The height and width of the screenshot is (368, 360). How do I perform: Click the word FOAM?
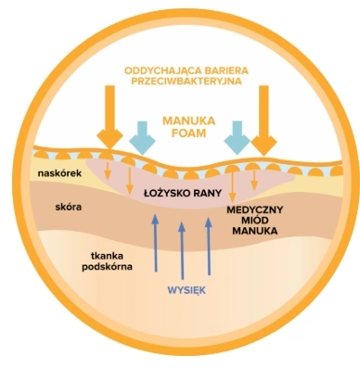188,133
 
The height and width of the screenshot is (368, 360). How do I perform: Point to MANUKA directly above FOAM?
188,121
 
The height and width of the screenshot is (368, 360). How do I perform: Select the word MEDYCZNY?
261,211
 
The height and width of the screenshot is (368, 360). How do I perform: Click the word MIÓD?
261,223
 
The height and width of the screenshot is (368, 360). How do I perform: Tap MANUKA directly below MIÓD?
261,235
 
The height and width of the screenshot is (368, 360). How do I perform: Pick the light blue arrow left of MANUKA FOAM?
143,136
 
